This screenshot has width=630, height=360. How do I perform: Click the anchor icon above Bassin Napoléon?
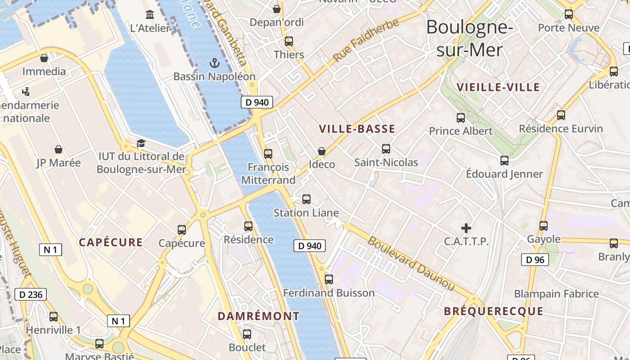(x=215, y=63)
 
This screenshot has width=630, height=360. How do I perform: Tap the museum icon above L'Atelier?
(x=150, y=15)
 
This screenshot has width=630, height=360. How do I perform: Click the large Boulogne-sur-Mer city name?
(x=469, y=38)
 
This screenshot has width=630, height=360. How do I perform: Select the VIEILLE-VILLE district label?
(x=498, y=87)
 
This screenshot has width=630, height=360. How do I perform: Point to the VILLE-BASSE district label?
(x=357, y=129)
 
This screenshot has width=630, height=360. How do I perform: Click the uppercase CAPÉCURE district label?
(x=111, y=243)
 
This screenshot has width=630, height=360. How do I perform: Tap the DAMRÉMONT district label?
(x=259, y=316)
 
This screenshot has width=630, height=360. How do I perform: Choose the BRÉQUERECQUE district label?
(x=494, y=311)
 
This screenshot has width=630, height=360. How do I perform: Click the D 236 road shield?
(x=31, y=295)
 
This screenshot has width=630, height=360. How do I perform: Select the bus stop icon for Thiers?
(x=289, y=41)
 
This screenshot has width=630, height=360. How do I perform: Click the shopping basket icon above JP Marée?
(x=58, y=149)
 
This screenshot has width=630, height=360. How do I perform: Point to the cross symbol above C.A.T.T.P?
(x=466, y=228)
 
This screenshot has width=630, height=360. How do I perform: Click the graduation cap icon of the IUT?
(x=141, y=144)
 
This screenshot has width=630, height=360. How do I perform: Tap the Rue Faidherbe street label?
(x=366, y=40)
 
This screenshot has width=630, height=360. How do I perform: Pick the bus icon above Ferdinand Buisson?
(x=329, y=279)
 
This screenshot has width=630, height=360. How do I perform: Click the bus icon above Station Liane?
(x=306, y=199)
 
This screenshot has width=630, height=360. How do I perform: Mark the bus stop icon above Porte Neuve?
(x=569, y=14)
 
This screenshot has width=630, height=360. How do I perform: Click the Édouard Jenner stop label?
(x=504, y=174)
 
